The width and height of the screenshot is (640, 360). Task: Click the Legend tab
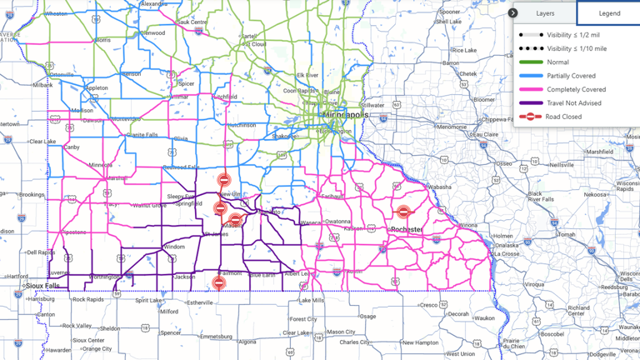point(609,13)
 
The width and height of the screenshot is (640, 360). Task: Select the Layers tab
point(545,13)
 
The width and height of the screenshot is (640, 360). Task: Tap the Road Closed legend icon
point(531,117)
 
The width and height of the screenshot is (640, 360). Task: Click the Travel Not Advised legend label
point(574,103)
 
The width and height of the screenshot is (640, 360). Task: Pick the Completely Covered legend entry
point(576,89)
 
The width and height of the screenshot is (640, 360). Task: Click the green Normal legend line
point(531,62)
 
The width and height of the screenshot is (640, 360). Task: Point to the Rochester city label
point(407,229)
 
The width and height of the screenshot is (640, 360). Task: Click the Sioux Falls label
point(42,285)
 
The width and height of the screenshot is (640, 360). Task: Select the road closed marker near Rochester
point(404,212)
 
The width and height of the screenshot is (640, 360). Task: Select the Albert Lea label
point(296,274)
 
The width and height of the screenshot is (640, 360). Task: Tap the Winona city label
point(468,225)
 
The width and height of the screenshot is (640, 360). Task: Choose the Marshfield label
point(598,152)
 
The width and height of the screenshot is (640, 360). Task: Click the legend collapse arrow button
point(513,13)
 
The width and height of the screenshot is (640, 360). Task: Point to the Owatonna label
point(337,222)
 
